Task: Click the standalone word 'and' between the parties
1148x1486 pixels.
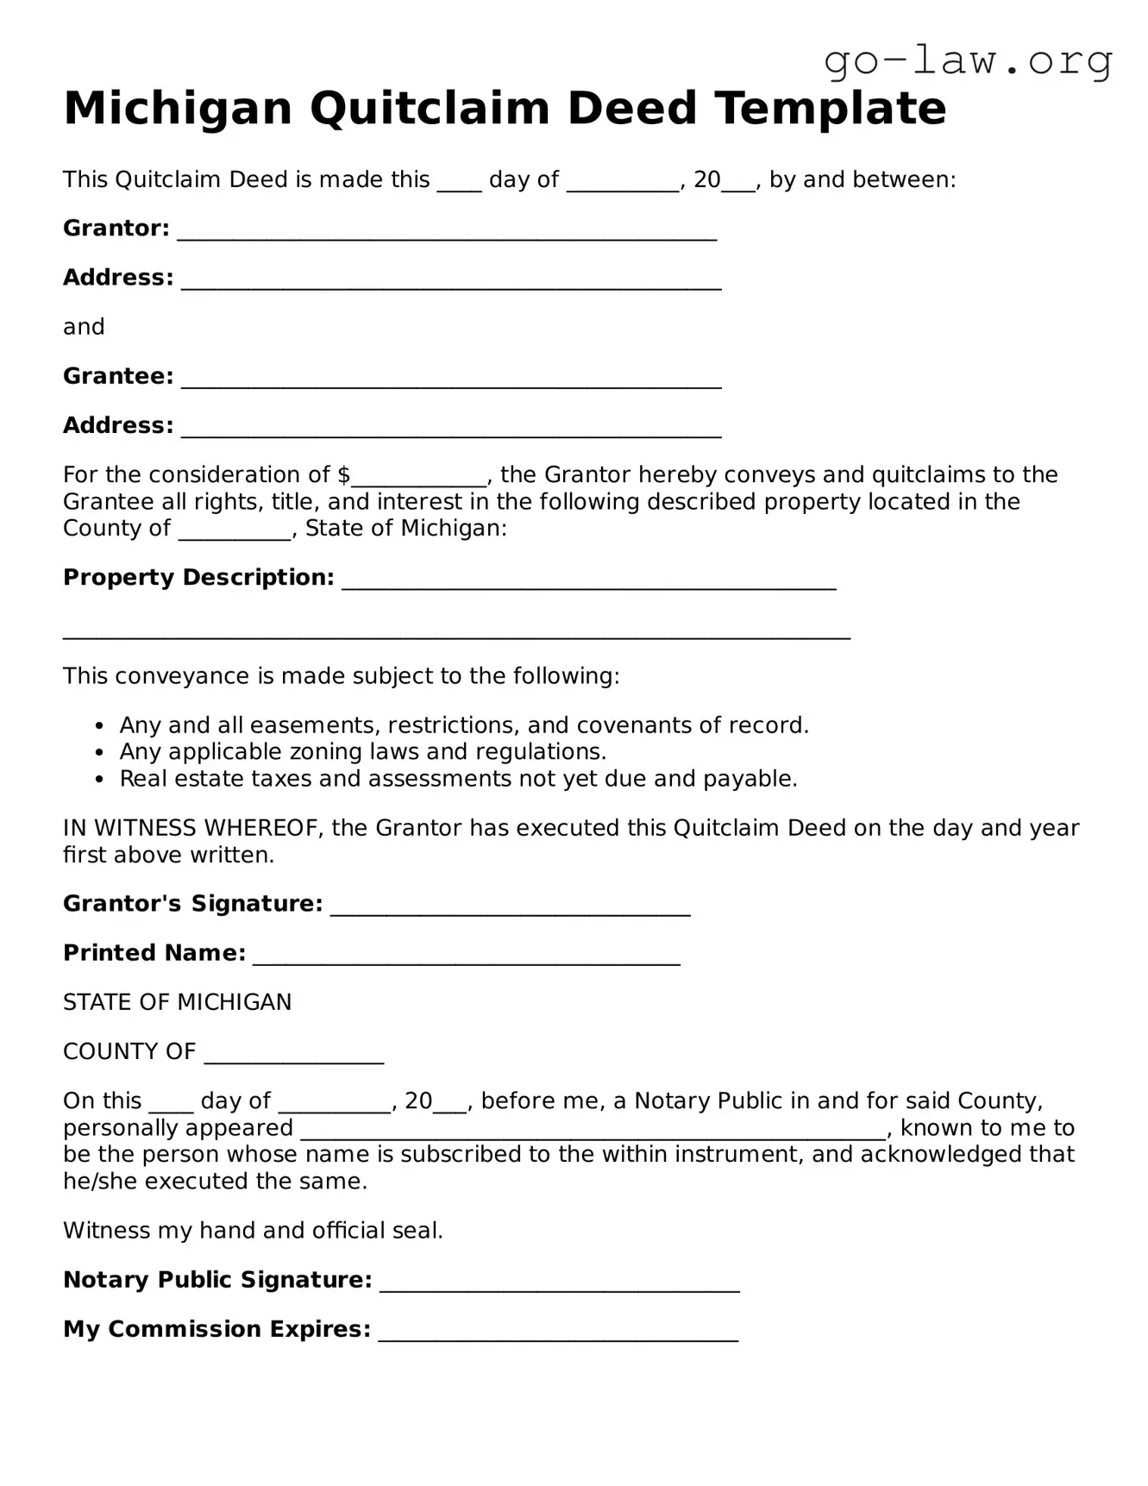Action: pyautogui.click(x=84, y=327)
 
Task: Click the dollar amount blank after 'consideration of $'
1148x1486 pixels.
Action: pyautogui.click(x=419, y=477)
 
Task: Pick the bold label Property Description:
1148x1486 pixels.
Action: pyautogui.click(x=198, y=577)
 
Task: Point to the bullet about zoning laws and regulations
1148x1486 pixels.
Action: pyautogui.click(x=362, y=751)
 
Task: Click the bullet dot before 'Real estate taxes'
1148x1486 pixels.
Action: pyautogui.click(x=100, y=780)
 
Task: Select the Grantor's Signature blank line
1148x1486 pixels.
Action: pyautogui.click(x=510, y=907)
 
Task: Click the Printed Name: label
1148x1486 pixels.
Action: pyautogui.click(x=154, y=953)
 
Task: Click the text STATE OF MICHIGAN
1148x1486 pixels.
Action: pyautogui.click(x=177, y=1002)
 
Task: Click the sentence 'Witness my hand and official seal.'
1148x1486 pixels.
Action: pyautogui.click(x=253, y=1231)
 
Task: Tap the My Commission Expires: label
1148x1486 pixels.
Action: pyautogui.click(x=216, y=1329)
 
